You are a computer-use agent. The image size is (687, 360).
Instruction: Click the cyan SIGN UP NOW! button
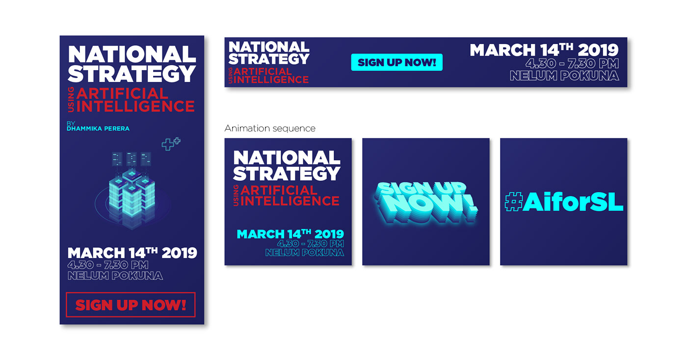[x=396, y=62]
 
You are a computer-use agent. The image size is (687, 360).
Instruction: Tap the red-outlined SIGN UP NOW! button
[x=131, y=305]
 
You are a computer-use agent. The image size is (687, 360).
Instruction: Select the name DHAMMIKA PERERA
[x=98, y=129]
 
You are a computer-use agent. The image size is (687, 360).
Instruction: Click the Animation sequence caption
[x=270, y=128]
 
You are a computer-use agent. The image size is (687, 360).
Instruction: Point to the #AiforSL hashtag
[x=564, y=202]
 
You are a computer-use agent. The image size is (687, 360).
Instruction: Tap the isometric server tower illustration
[x=132, y=191]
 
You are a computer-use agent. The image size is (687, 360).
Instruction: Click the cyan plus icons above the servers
[x=171, y=144]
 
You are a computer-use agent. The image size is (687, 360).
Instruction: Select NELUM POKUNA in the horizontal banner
[x=564, y=76]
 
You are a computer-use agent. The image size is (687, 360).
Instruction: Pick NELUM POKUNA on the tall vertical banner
[x=115, y=276]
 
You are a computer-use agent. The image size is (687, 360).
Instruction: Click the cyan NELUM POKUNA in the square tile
[x=305, y=253]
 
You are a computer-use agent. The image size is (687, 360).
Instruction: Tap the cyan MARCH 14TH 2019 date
[x=290, y=234]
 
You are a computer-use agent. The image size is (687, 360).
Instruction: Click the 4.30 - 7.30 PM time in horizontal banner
[x=572, y=64]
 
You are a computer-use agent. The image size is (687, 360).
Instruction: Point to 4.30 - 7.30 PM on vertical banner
[x=108, y=265]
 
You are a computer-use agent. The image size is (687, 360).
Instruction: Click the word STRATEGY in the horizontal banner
[x=269, y=59]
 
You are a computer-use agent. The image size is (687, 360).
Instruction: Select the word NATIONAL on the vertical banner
[x=132, y=54]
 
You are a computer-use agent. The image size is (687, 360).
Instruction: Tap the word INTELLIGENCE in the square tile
[x=290, y=201]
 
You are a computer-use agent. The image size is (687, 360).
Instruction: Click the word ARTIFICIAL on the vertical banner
[x=122, y=94]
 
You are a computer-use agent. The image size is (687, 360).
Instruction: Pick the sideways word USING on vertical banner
[x=71, y=100]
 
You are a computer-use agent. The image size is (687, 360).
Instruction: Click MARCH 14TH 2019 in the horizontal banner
[x=544, y=50]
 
